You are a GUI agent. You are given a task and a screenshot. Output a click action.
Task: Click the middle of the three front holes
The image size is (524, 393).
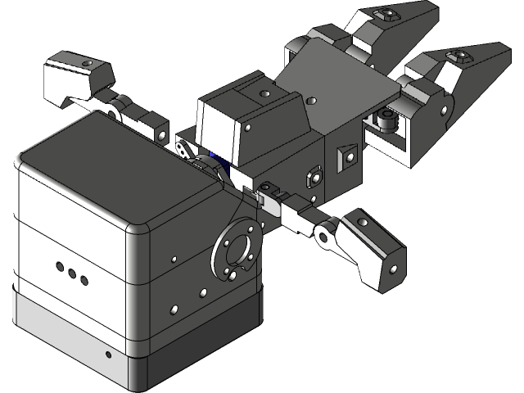(71, 274)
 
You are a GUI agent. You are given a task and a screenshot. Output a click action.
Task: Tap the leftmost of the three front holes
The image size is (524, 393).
(60, 268)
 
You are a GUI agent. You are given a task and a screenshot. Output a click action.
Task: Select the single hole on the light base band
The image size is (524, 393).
(109, 355)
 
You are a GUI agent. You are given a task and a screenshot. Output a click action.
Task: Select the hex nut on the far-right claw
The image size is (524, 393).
(459, 56)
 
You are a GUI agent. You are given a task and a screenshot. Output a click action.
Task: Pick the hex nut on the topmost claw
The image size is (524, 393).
(384, 14)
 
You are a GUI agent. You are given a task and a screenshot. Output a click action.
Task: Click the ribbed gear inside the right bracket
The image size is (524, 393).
(387, 121)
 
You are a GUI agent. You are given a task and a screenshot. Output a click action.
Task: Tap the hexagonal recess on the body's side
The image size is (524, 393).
(313, 176)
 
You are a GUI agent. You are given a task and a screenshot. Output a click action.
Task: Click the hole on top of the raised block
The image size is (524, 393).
(264, 93)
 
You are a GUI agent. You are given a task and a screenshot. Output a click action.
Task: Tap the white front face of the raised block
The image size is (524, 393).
(217, 132)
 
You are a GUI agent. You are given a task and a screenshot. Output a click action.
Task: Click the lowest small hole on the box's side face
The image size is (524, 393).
(174, 309)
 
